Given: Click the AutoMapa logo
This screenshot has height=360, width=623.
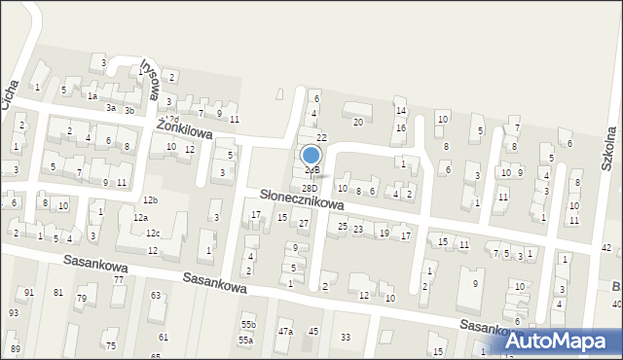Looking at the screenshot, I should (562, 340).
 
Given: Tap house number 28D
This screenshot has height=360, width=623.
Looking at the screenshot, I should (310, 189).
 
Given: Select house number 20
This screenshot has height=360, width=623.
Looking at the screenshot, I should (358, 122).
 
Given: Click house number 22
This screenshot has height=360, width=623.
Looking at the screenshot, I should (321, 138).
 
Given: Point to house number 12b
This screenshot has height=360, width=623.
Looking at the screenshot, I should (150, 199).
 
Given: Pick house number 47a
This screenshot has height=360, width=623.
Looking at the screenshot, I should (285, 332).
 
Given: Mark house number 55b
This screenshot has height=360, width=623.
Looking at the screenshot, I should (248, 324).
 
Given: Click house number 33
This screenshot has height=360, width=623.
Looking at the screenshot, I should (346, 338).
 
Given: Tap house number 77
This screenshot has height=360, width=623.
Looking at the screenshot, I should (119, 279).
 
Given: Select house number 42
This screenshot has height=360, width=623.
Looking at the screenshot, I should (606, 249).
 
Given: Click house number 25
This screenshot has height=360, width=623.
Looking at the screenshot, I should (343, 226).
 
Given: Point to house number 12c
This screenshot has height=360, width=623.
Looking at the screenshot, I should (153, 234).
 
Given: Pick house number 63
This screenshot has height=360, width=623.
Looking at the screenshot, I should (156, 295).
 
